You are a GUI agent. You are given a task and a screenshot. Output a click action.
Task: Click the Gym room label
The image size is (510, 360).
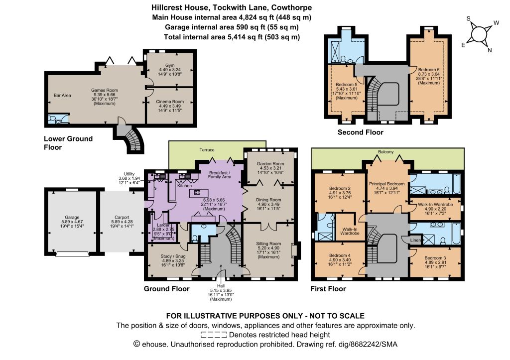point(170,65)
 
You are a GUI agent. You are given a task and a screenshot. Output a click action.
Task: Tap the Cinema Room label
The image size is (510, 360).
point(170,102)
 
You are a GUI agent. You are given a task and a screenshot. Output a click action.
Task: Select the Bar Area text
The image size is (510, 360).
point(62,95)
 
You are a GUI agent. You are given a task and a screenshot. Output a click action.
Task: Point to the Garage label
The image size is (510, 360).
point(72,217)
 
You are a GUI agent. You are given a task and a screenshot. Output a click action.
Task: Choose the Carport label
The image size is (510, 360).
point(122,217)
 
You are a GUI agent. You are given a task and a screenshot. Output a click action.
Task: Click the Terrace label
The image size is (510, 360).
point(207,150)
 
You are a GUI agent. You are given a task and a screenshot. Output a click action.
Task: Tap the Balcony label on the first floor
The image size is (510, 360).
point(386,152)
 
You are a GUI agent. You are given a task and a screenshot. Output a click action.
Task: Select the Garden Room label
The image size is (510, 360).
point(270,164)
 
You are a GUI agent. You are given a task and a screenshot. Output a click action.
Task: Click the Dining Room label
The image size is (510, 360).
point(268,200)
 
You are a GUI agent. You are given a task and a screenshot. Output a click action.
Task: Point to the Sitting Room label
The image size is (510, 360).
point(268,243)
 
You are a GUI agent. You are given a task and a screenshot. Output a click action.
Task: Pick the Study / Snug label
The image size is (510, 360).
point(173,256)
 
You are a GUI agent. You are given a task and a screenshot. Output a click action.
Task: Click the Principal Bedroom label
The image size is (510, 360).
point(386,184)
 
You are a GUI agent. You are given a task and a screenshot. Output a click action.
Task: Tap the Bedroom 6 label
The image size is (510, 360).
point(429,70)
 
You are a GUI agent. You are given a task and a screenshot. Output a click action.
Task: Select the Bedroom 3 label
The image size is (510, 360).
point(435,258)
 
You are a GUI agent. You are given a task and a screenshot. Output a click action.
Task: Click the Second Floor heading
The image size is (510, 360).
point(361,132)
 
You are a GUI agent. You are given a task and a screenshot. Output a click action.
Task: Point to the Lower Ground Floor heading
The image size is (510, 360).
point(68,143)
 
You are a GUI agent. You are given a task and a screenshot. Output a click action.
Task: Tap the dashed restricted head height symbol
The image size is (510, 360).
point(214,335)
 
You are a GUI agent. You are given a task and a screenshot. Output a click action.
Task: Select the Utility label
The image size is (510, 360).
point(129,174)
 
